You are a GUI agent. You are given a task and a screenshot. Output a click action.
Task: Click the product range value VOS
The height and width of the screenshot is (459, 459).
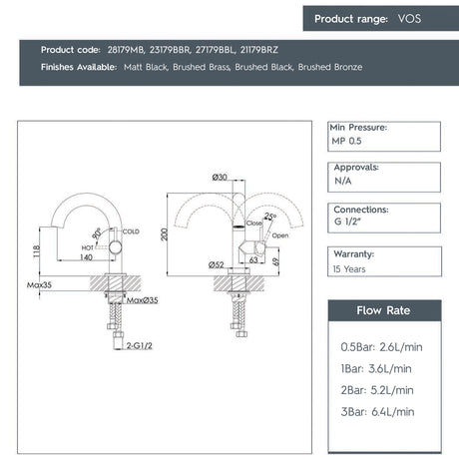coord(409,18)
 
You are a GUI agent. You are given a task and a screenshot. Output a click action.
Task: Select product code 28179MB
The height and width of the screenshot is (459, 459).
coord(127,49)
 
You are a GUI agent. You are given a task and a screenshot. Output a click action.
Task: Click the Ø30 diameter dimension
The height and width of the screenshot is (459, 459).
coord(220,178)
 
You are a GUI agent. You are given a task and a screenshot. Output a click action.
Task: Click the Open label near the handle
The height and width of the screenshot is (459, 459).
coord(280,235)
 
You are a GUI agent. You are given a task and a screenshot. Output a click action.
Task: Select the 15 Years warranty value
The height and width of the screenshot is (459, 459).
coord(349,269)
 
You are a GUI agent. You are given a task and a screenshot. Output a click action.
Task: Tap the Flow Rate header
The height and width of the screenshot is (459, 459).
coord(384,310)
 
